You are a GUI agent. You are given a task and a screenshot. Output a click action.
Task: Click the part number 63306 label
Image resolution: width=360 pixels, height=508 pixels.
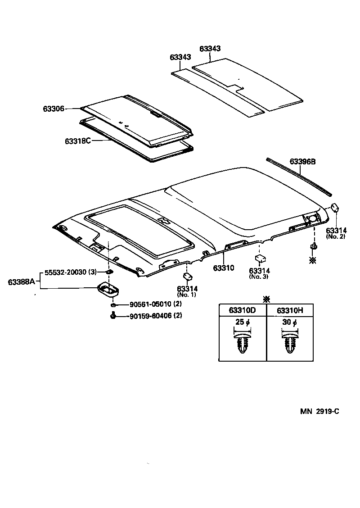[54, 109]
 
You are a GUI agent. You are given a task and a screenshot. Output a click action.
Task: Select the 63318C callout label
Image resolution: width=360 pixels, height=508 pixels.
[77, 141]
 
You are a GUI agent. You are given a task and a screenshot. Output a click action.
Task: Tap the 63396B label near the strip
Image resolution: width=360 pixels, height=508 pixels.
[302, 161]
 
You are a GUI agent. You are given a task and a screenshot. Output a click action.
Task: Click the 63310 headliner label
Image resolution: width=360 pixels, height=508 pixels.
[224, 268]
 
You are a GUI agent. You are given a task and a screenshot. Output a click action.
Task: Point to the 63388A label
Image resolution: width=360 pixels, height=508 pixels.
[21, 282]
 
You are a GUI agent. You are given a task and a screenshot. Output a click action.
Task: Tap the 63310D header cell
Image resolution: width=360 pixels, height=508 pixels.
[243, 310]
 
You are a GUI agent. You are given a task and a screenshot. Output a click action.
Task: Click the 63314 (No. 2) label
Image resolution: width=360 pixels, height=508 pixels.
[336, 233]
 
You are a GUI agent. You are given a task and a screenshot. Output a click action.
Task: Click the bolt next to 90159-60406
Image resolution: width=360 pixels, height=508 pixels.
[112, 316]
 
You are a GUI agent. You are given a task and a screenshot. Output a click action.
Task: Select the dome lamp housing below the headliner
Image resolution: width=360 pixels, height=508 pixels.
[108, 290]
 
